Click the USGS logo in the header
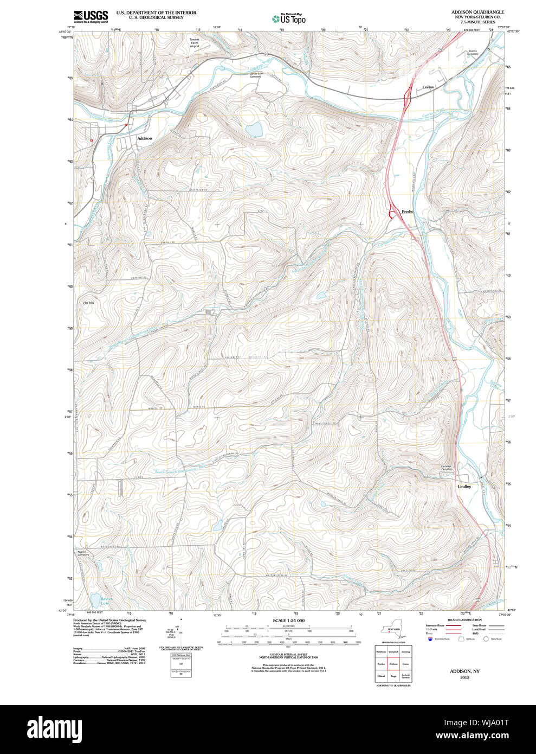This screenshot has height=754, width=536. pos(91,16)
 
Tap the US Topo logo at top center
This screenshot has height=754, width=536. pos(289,18)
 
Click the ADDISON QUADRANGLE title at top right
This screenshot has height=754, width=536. pos(477,12)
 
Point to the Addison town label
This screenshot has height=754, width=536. pos(145,138)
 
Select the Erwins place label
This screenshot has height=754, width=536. pos(428,87)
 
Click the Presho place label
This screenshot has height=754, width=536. pos(408,212)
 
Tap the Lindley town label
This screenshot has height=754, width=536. pos(464,487)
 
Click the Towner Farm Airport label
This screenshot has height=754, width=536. pos(195,43)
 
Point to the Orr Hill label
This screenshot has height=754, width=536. pos(89,303)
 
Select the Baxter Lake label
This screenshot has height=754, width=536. pos(105,600)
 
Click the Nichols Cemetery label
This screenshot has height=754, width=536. pos(83,553)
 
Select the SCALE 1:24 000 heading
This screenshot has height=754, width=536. pos(288,621)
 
